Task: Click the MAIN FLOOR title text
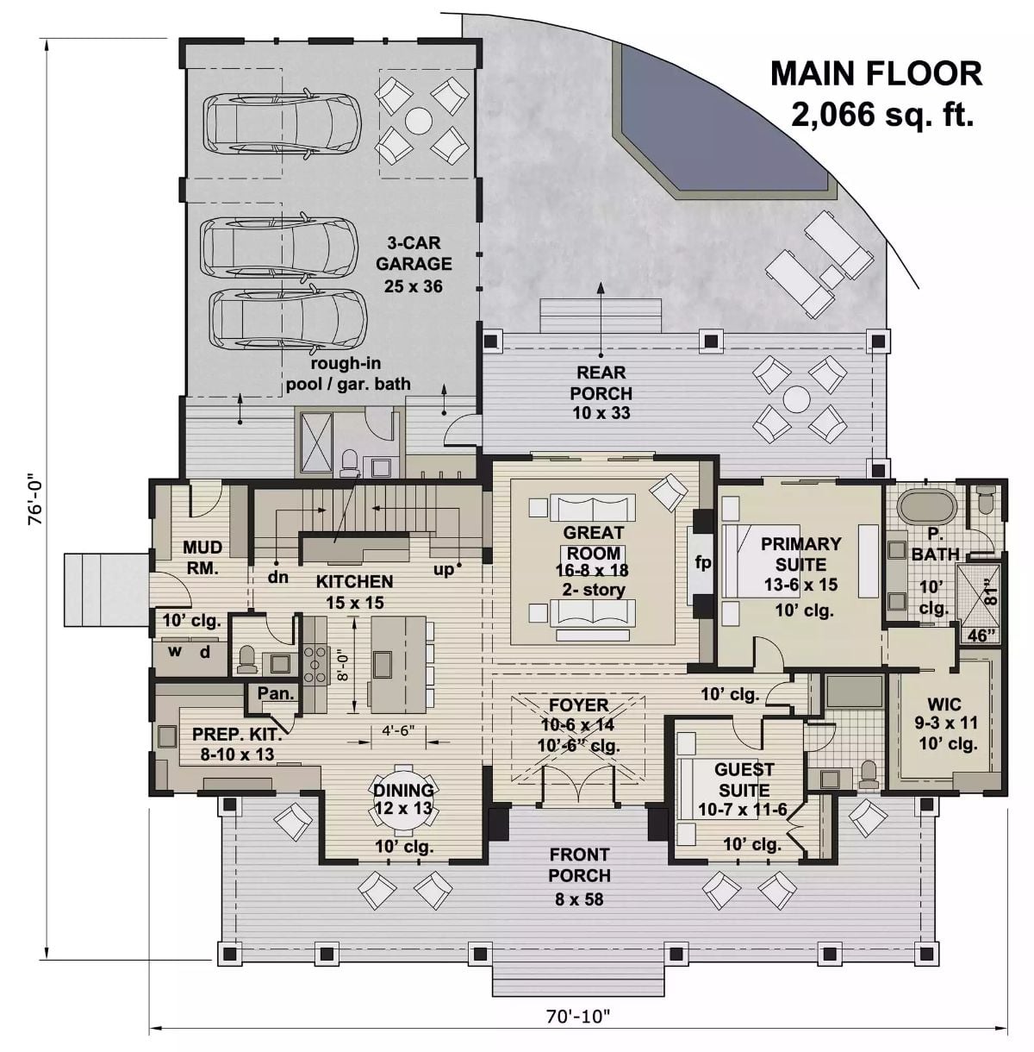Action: click(x=875, y=73)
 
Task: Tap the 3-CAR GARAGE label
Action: click(x=414, y=264)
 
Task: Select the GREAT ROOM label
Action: click(x=593, y=542)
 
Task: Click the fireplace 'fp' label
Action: click(x=703, y=563)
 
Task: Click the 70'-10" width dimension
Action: click(x=577, y=1017)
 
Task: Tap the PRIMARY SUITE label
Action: click(x=800, y=554)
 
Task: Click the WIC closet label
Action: click(x=944, y=704)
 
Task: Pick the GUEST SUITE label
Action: click(x=744, y=779)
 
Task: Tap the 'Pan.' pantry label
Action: click(x=276, y=692)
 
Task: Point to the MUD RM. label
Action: click(x=202, y=557)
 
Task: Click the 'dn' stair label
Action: click(x=277, y=577)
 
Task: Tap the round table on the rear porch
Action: click(x=797, y=400)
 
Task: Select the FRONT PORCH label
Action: click(x=579, y=865)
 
